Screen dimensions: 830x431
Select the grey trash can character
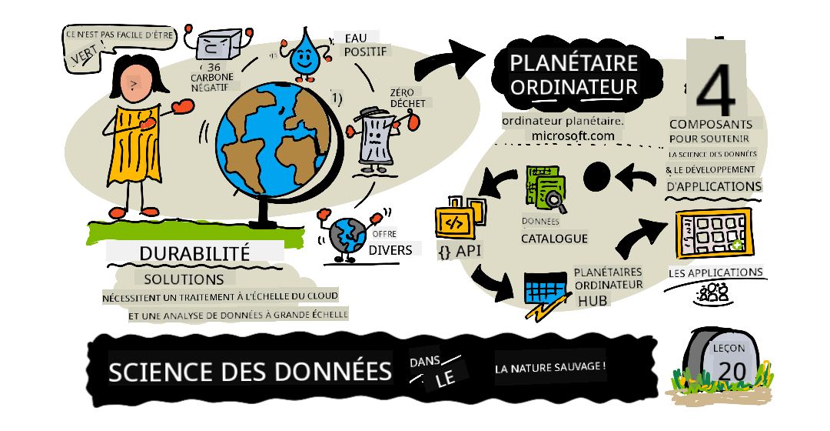click(x=377, y=139)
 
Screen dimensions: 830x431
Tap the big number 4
click(x=715, y=90)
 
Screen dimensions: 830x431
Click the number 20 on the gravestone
click(x=732, y=370)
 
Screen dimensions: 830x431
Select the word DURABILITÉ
click(x=194, y=253)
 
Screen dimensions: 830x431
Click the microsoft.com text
click(x=573, y=135)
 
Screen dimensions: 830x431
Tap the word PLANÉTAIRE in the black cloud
click(x=574, y=63)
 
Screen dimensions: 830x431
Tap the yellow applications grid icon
click(x=713, y=234)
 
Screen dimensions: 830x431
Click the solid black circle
click(x=597, y=176)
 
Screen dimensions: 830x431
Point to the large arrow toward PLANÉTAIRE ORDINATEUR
click(x=450, y=59)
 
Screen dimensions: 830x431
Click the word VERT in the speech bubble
click(x=85, y=55)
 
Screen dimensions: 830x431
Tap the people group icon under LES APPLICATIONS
click(x=712, y=292)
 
